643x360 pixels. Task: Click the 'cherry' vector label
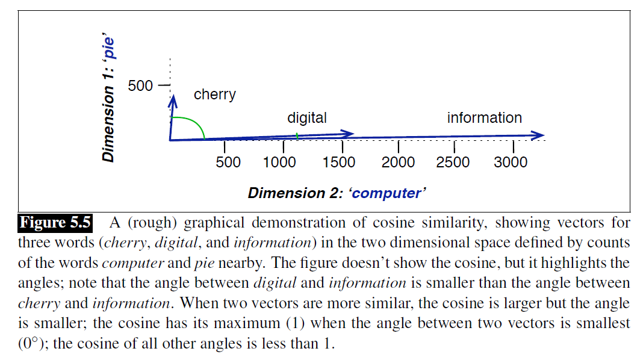(214, 95)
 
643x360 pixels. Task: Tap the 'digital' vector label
(306, 118)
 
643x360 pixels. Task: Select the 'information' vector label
(484, 118)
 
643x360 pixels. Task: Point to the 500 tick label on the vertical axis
(140, 86)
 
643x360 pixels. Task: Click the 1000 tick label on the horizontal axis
(279, 163)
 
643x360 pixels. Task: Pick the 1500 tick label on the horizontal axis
(338, 163)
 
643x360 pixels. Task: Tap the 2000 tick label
(398, 163)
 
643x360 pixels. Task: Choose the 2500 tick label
(453, 163)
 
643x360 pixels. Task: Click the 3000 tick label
(510, 163)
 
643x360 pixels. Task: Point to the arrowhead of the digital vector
(349, 134)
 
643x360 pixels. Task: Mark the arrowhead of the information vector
(539, 135)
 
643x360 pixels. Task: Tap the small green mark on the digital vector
(297, 137)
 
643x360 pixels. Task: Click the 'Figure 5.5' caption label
(55, 223)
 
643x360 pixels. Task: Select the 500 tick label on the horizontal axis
(228, 163)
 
